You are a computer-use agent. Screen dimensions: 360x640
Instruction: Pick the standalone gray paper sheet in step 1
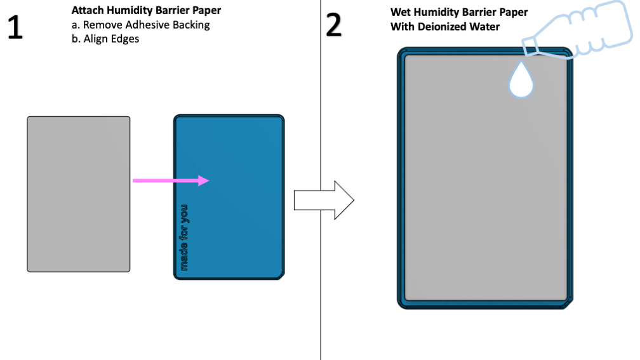tap(78, 194)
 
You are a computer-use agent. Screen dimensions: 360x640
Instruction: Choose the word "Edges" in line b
tap(125, 38)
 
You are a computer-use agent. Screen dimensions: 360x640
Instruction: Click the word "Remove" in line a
tap(100, 25)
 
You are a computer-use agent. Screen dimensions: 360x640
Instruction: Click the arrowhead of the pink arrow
tap(203, 181)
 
